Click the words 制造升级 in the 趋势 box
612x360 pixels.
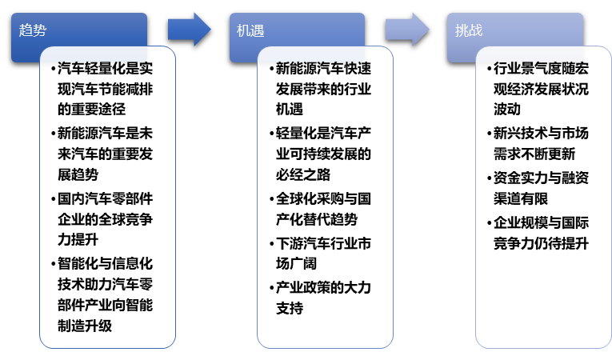[85, 326]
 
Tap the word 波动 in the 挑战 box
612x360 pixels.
[507, 110]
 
